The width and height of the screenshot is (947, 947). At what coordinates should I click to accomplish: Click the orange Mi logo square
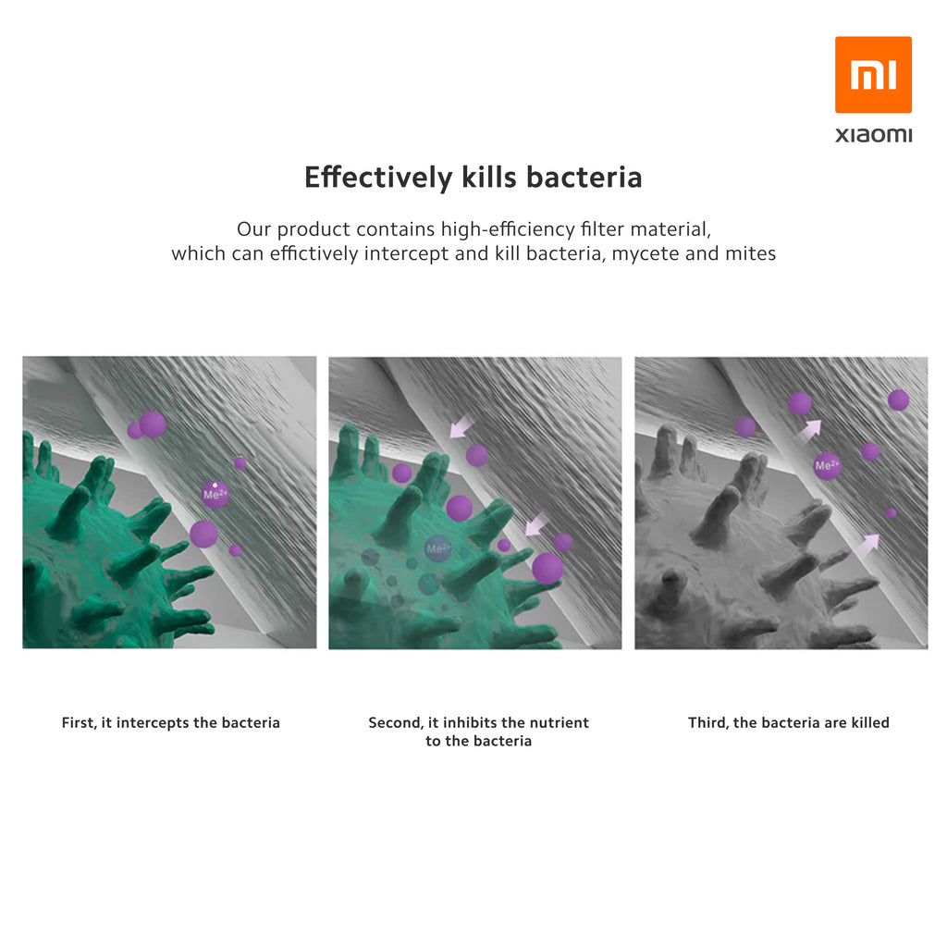coord(873,75)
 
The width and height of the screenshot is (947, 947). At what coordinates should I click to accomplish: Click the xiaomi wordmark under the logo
coord(873,135)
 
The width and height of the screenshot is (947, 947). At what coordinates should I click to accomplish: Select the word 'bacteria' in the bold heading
coord(584,177)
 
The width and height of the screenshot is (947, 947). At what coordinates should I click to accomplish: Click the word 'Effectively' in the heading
coord(378,177)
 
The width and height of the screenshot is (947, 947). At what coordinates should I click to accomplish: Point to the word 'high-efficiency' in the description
coord(508,229)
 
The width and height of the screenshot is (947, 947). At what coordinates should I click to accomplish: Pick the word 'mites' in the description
coord(751,253)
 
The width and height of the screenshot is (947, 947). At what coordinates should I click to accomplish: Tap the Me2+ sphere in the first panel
coord(215,495)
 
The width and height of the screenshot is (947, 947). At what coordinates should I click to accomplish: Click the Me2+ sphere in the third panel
coord(827,466)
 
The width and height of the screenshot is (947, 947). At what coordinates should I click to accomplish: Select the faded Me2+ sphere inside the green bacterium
coord(437,549)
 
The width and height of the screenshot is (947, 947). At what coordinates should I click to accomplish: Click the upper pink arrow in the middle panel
coord(461,426)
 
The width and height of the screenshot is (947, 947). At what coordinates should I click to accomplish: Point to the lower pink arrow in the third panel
coord(867,546)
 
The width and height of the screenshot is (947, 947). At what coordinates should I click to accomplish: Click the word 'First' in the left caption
coord(78,722)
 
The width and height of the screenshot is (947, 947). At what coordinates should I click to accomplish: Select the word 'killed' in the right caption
coord(870,722)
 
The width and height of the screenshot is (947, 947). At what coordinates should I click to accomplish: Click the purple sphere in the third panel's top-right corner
coord(898,400)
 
